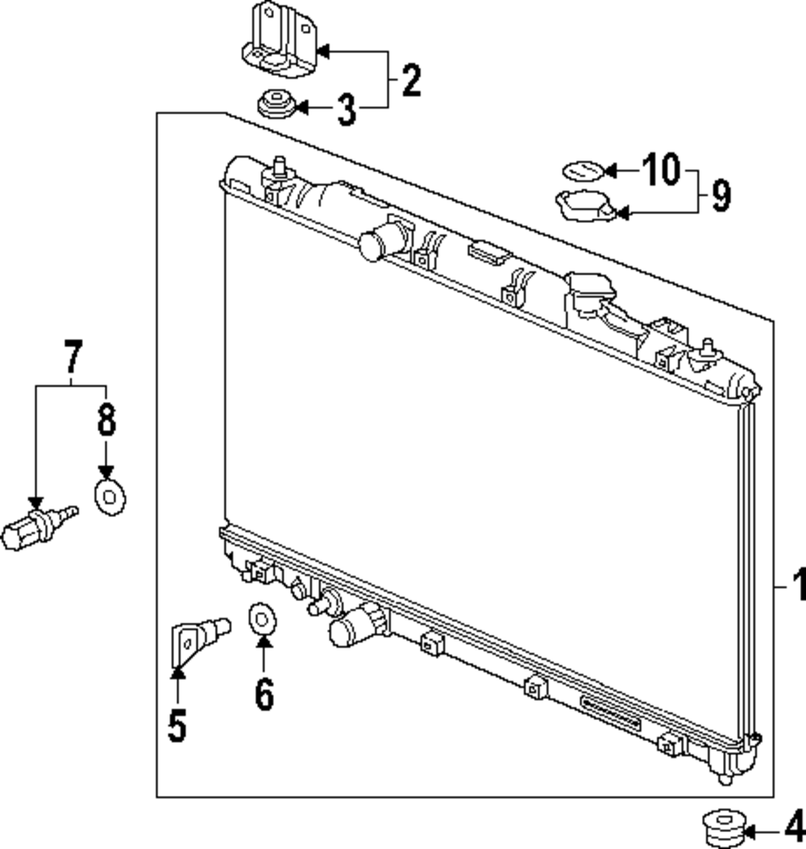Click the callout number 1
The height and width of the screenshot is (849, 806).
point(796,586)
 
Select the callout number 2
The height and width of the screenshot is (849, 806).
point(411,81)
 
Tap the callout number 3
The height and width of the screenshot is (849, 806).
point(346,109)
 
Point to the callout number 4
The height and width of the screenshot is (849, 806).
point(794,826)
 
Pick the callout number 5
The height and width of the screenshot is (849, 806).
point(177,725)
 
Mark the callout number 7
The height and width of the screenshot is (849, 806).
point(73,357)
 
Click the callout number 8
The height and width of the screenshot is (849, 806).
point(106,420)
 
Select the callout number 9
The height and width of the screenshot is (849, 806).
point(720,196)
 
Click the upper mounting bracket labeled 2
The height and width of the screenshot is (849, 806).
point(280,42)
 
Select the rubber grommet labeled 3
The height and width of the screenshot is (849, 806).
point(276,105)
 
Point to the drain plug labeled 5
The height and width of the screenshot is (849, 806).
point(198,636)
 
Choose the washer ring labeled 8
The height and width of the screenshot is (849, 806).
point(110,498)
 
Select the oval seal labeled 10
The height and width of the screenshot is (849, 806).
point(581,170)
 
